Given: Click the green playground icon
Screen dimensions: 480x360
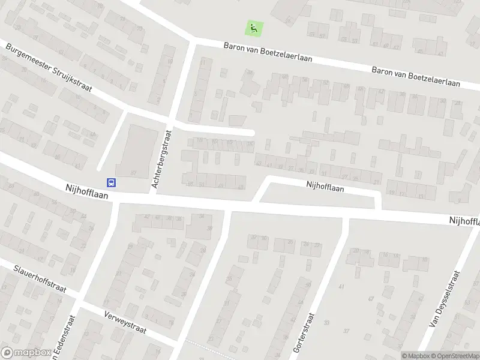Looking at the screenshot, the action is pos(254,27).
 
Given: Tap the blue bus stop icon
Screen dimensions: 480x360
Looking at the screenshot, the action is pos(112,182).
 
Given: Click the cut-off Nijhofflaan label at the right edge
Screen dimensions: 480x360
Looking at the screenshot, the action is pos(464,221).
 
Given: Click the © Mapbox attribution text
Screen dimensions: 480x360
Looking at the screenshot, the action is pos(416,356).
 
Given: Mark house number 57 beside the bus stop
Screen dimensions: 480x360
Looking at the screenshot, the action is pos(133,173).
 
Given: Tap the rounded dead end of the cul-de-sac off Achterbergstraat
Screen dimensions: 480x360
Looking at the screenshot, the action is pos(252,133).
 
